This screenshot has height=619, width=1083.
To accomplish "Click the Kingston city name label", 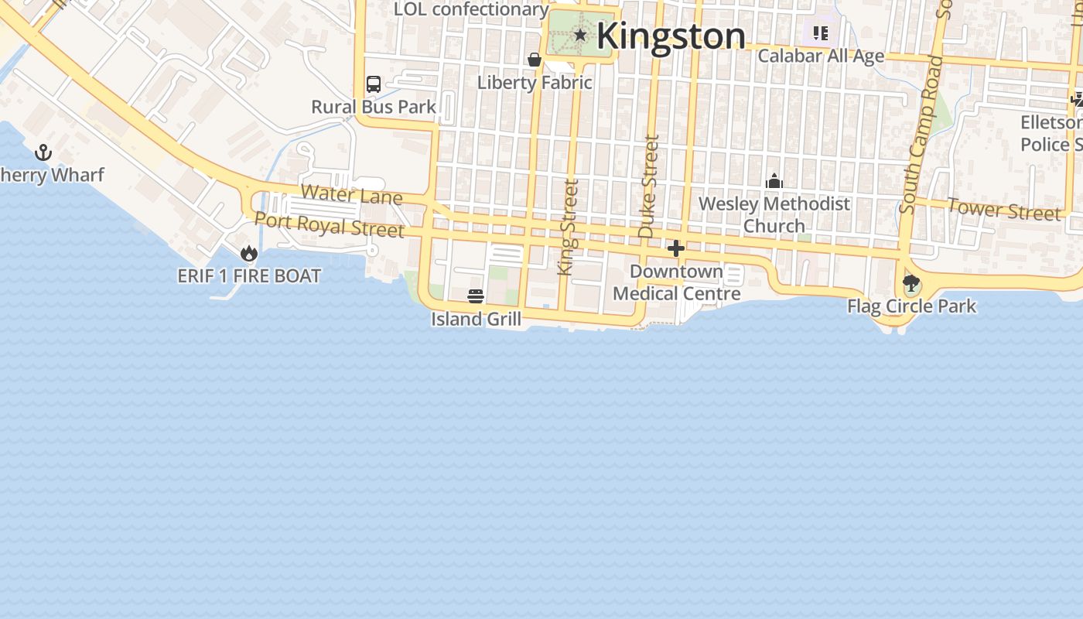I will [x=671, y=36].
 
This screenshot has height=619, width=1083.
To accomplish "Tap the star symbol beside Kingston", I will [x=580, y=34].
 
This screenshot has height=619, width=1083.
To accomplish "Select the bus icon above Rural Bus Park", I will [x=374, y=84].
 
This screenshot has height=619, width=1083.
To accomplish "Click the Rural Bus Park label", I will [x=374, y=107].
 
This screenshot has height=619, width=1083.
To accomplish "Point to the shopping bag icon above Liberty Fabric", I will [x=534, y=60].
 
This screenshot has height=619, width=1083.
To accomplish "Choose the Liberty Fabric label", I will [x=535, y=82].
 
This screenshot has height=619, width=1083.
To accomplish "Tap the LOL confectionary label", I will [x=471, y=9].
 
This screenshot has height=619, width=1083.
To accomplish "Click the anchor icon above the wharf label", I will [x=43, y=152].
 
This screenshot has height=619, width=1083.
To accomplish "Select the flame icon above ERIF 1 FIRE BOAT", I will [x=249, y=253].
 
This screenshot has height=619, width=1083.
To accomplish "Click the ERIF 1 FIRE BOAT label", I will [x=249, y=275].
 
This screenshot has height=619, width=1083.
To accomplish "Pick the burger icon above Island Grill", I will [x=476, y=296].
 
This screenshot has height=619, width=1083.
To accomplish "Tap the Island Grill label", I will [x=476, y=319].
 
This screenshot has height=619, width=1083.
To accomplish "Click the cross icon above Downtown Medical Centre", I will [x=676, y=248].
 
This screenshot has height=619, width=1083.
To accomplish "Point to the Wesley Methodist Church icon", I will [x=774, y=182].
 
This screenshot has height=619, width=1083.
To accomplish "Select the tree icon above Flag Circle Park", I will [x=911, y=283].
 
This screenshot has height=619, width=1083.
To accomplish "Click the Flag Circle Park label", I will [x=911, y=306].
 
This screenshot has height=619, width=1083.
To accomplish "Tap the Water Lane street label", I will [x=351, y=193].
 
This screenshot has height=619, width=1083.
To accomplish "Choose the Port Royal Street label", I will [x=330, y=224].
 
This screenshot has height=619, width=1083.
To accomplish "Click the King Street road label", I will [x=568, y=227].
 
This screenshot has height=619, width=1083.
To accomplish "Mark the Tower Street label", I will [x=1004, y=209].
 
